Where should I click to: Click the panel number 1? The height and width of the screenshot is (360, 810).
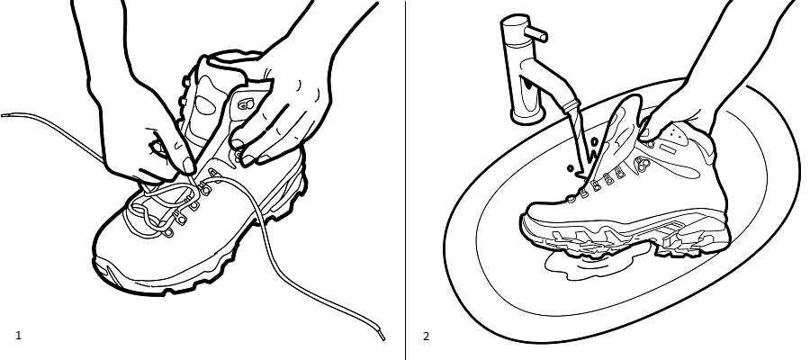coord(19,336)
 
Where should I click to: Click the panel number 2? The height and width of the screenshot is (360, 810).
coord(427,337)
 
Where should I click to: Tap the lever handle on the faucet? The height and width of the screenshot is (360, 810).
coord(535,33)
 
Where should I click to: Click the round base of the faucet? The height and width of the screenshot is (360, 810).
coord(527,115)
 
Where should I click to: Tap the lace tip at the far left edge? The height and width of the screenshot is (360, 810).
coord(4,115)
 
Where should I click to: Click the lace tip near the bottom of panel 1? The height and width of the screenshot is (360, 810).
coord(382,335)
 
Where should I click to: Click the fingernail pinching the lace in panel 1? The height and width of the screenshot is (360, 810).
coord(188,166)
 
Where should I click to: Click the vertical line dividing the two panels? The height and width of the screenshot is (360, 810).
coord(406,180)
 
